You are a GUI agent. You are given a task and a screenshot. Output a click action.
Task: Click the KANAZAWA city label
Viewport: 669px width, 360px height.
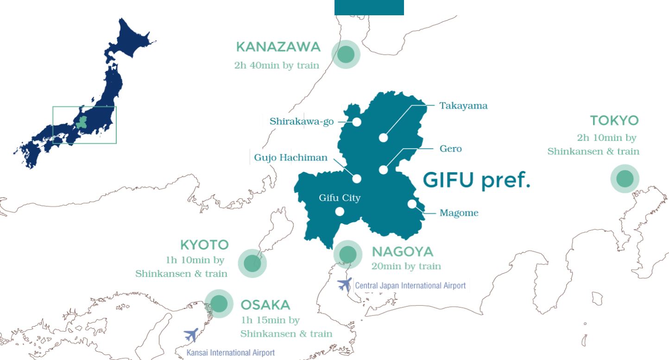278,47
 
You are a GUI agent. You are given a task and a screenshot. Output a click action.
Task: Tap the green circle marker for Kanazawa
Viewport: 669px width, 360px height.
346,54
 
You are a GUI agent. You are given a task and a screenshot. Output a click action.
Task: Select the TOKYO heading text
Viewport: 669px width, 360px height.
614,121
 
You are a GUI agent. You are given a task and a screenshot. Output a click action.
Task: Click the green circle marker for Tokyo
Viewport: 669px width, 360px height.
625,178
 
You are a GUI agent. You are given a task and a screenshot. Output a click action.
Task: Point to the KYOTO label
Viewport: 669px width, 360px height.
204,245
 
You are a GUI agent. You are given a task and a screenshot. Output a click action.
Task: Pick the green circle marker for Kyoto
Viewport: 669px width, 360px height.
252,263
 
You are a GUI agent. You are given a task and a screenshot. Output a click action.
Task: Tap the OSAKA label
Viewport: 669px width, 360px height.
265,305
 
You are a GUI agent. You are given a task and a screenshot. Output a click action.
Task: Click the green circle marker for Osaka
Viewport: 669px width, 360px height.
219,304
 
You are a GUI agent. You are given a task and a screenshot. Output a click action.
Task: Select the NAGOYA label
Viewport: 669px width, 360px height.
402,252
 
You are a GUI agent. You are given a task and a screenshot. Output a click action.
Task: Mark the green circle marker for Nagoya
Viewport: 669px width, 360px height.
347,254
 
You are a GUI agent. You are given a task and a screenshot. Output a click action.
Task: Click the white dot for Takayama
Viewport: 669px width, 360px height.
383,137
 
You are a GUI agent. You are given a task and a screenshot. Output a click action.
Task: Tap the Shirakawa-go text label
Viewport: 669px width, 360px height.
302,122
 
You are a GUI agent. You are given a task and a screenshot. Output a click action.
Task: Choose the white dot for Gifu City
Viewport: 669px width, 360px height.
340,212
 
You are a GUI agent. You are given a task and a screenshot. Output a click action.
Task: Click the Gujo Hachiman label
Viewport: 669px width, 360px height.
290,158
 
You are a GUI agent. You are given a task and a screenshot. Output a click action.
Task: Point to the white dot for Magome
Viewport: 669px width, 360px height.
412,204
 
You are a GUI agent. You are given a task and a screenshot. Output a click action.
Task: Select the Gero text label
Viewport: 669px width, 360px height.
450,149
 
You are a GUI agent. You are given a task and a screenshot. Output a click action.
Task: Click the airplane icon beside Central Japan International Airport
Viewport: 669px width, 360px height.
344,284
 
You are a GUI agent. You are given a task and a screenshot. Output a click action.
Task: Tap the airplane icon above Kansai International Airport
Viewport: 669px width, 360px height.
191,335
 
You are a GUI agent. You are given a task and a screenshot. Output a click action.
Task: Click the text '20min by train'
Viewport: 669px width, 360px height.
406,266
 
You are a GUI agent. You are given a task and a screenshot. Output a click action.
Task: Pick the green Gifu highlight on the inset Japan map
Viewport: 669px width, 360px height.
82,122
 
